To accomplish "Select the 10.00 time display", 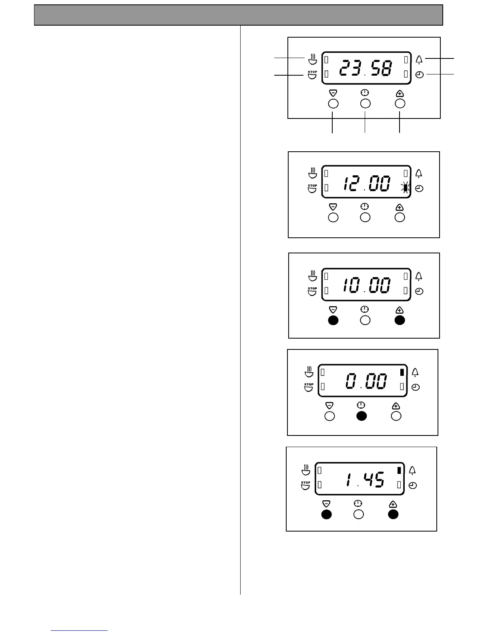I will point(365,285).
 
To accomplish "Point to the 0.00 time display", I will point(366,381).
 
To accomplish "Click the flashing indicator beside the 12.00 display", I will point(406,187).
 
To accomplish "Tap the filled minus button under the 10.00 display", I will point(333,320).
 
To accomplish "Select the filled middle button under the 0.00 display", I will point(361,416).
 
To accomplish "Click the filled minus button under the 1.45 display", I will point(327,514).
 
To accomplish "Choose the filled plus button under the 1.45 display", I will point(393,514).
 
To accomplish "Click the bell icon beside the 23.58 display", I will point(419,60).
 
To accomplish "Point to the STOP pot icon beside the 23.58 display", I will point(312,75).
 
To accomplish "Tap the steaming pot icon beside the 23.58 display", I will point(312,59).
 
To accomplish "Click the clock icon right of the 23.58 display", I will point(419,75).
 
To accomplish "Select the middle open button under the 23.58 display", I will point(365,104).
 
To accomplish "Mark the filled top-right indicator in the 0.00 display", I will point(402,372).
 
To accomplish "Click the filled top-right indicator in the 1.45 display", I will point(399,470).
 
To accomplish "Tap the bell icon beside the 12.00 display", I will point(419,174).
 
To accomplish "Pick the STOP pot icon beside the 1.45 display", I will point(305,485).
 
